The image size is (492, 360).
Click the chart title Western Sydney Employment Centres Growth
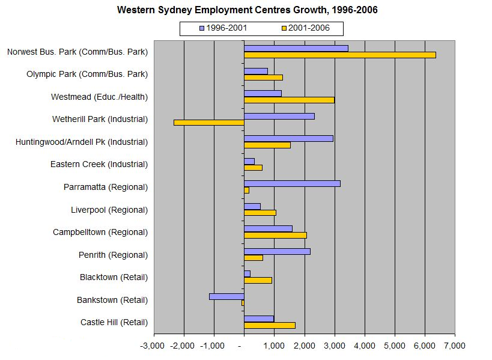pyautogui.click(x=247, y=10)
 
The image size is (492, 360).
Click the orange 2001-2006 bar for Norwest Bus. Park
pyautogui.click(x=339, y=55)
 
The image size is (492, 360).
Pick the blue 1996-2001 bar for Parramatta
pyautogui.click(x=292, y=183)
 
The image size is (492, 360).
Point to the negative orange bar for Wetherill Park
pyautogui.click(x=209, y=123)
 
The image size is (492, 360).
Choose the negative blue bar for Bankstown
pyautogui.click(x=226, y=296)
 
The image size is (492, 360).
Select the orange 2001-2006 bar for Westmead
pyautogui.click(x=289, y=100)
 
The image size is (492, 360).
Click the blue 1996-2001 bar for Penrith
pyautogui.click(x=277, y=251)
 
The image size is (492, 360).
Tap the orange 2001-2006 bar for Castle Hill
pyautogui.click(x=269, y=325)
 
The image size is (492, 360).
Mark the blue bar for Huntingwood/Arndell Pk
pyautogui.click(x=288, y=138)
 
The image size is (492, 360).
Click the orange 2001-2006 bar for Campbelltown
pyautogui.click(x=275, y=235)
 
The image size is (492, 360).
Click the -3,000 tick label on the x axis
pyautogui.click(x=152, y=346)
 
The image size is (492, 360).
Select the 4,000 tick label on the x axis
pyautogui.click(x=365, y=346)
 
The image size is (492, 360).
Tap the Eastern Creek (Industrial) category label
pyautogui.click(x=99, y=164)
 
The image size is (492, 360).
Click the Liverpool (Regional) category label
pyautogui.click(x=109, y=210)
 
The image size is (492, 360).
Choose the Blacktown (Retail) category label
pyautogui.click(x=114, y=277)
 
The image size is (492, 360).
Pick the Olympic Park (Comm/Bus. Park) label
pyautogui.click(x=87, y=74)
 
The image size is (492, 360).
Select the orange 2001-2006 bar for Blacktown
pyautogui.click(x=258, y=280)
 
